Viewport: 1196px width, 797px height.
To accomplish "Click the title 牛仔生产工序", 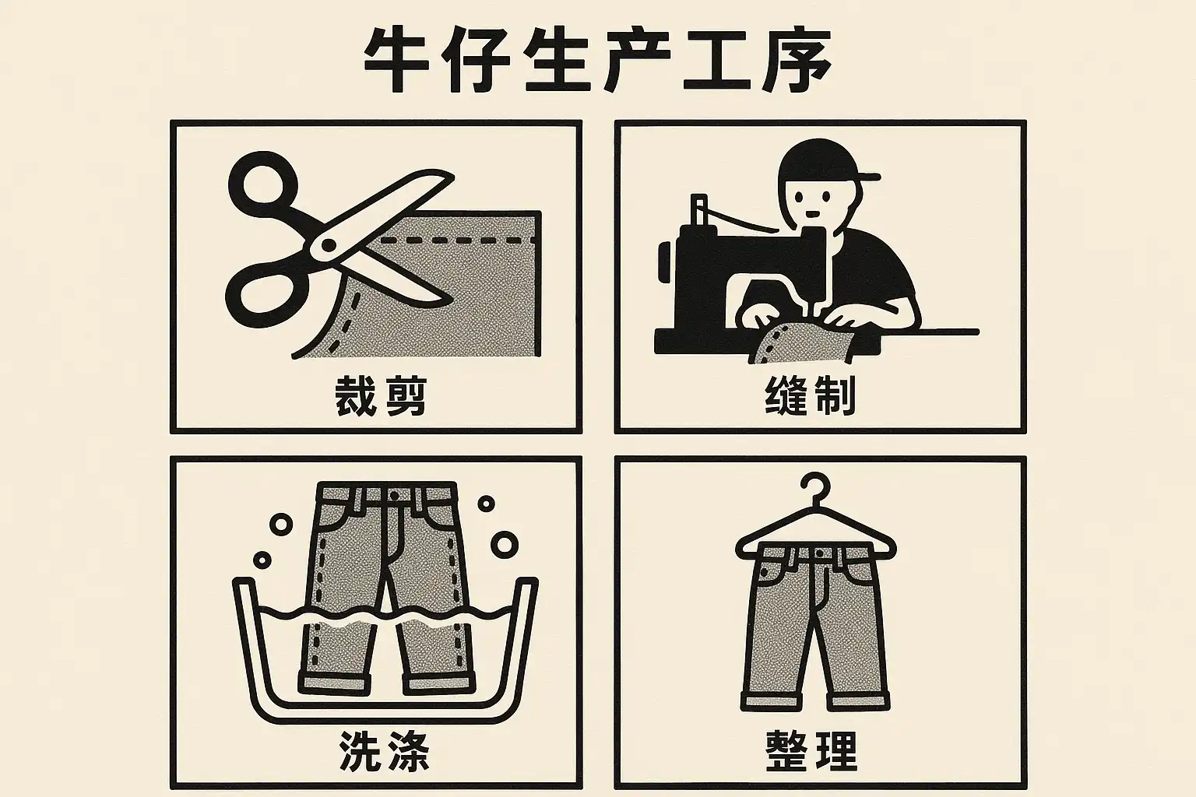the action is pos(596,61).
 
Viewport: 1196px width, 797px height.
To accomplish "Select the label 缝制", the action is pos(810,395).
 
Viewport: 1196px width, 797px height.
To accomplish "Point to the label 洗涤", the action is pos(384,750).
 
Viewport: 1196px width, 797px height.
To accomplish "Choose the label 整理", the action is pos(811,750).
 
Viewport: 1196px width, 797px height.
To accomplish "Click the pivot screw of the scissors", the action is pos(329,245).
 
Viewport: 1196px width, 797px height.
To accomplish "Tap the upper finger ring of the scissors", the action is pos(262,183).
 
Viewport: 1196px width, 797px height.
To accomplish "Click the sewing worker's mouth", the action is pos(812,214).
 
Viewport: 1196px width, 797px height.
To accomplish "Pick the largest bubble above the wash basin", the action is pos(504,544).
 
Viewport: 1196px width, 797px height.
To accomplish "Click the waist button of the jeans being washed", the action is pos(394,496).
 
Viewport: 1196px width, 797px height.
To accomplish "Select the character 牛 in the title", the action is pos(396,61).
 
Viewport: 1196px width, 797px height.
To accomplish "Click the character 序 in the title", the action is pos(797,61).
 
